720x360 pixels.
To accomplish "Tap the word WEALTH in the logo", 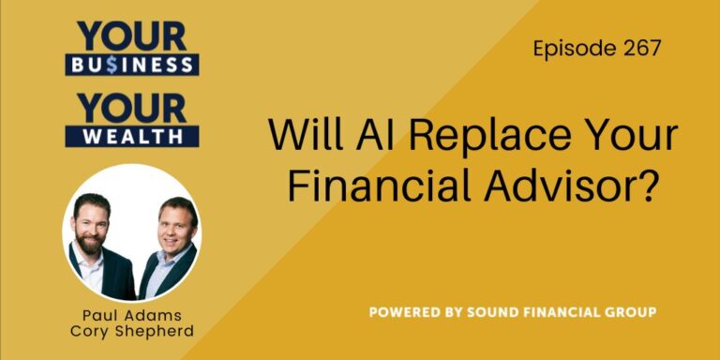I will click(x=131, y=136).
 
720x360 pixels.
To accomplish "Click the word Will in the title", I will click(x=301, y=137).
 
